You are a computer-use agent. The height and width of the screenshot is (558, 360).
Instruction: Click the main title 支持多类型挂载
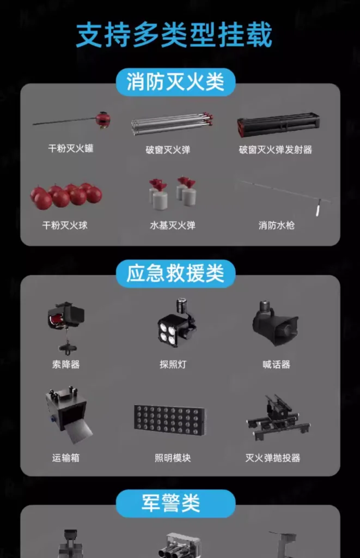tap(174, 35)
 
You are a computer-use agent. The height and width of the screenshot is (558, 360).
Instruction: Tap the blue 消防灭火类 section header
tap(175, 82)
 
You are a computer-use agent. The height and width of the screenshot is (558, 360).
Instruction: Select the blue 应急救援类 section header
tap(175, 274)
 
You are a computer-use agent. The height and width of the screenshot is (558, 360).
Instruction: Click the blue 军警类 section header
tap(175, 503)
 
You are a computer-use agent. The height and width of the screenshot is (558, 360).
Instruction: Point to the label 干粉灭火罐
tap(71, 148)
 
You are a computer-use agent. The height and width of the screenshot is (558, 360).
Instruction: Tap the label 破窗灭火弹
tap(168, 150)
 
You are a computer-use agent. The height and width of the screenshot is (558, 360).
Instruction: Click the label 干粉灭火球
tap(65, 225)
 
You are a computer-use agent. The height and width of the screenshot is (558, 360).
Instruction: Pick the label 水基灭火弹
tap(173, 225)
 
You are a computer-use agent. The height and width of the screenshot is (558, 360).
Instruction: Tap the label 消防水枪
tap(277, 225)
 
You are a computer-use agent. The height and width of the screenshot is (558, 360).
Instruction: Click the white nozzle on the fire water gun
tap(319, 209)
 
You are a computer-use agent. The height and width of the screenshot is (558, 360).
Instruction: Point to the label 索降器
tap(66, 365)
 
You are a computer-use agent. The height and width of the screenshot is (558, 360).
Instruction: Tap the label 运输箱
tap(66, 458)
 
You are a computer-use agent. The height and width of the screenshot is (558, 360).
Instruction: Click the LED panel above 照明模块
tap(169, 421)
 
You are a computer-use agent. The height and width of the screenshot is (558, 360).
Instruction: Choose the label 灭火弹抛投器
tap(273, 458)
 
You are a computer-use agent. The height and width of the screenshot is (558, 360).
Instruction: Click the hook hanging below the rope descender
tap(66, 348)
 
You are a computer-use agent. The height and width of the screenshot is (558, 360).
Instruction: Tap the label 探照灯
tap(173, 365)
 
